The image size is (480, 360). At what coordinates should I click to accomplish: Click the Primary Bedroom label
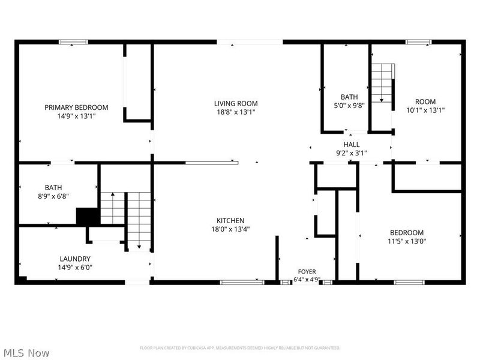coord(76,107)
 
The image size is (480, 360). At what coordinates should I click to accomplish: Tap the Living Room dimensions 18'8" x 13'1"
coord(236,112)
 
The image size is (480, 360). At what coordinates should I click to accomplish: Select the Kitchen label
coord(230,220)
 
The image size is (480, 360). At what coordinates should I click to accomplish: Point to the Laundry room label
coord(75,259)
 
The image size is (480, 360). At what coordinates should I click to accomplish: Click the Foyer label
coord(307,272)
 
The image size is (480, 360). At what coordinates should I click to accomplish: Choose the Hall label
coord(352,144)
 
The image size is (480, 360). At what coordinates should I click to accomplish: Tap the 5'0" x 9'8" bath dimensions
coord(349,106)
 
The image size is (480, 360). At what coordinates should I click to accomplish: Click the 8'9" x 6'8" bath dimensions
coord(53,196)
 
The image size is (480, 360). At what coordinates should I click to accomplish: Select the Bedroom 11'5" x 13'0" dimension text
coord(407,241)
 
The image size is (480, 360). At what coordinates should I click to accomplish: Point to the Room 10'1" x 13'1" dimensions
coord(425,110)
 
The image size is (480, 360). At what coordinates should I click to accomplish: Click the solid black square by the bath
coord(88,217)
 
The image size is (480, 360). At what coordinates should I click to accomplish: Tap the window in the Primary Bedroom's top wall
coord(73,42)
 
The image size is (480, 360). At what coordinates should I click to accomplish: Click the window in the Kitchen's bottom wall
coord(242,282)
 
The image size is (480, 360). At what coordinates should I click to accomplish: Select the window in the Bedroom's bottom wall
coord(409,282)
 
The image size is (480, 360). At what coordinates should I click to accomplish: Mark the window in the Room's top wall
coord(418,42)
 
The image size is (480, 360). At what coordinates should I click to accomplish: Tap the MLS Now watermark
coord(25,353)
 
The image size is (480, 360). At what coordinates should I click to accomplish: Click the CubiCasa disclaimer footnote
coord(239,348)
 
